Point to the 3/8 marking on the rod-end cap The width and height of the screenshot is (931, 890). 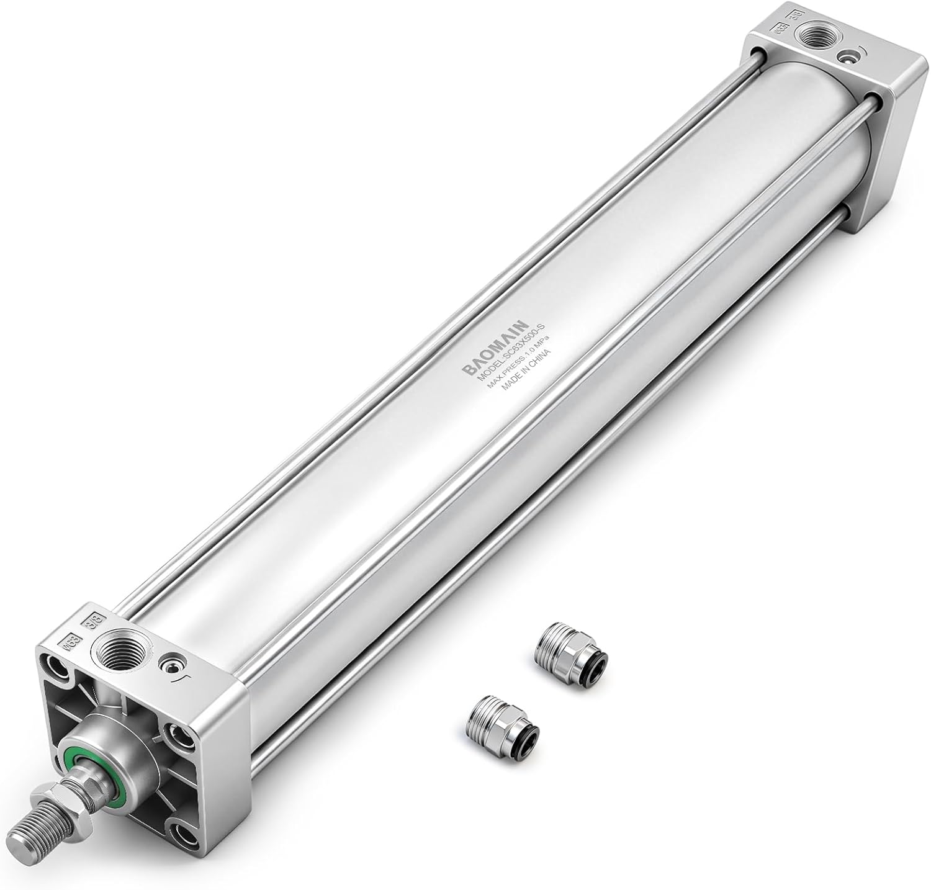(95, 620)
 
